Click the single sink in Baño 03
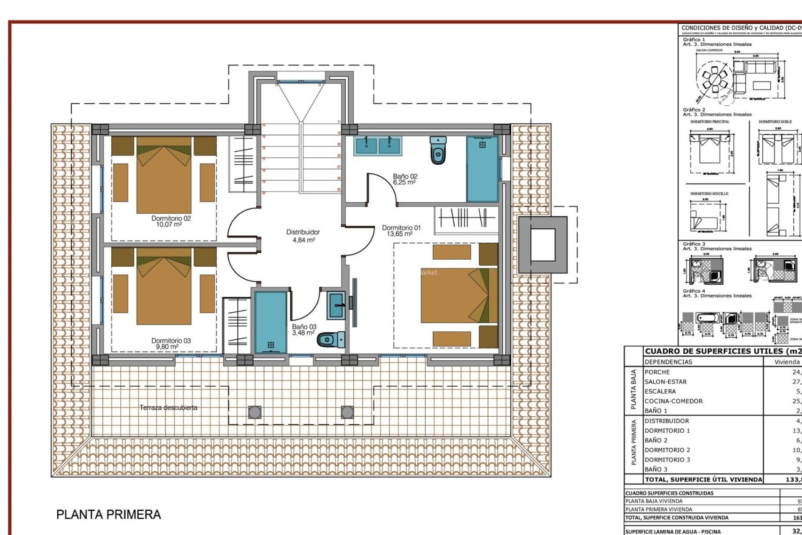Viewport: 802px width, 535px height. coord(336,305)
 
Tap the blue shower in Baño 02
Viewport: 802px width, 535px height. coord(482,169)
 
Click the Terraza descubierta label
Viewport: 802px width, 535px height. coord(168,408)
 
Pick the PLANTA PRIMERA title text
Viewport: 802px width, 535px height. coord(109,515)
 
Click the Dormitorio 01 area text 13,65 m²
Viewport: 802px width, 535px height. coord(399,234)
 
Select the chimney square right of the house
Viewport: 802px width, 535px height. coord(543,245)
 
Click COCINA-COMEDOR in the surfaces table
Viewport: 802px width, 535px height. coord(673,401)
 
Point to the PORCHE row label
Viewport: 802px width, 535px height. coord(657,372)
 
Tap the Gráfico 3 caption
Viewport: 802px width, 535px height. coord(694,244)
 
